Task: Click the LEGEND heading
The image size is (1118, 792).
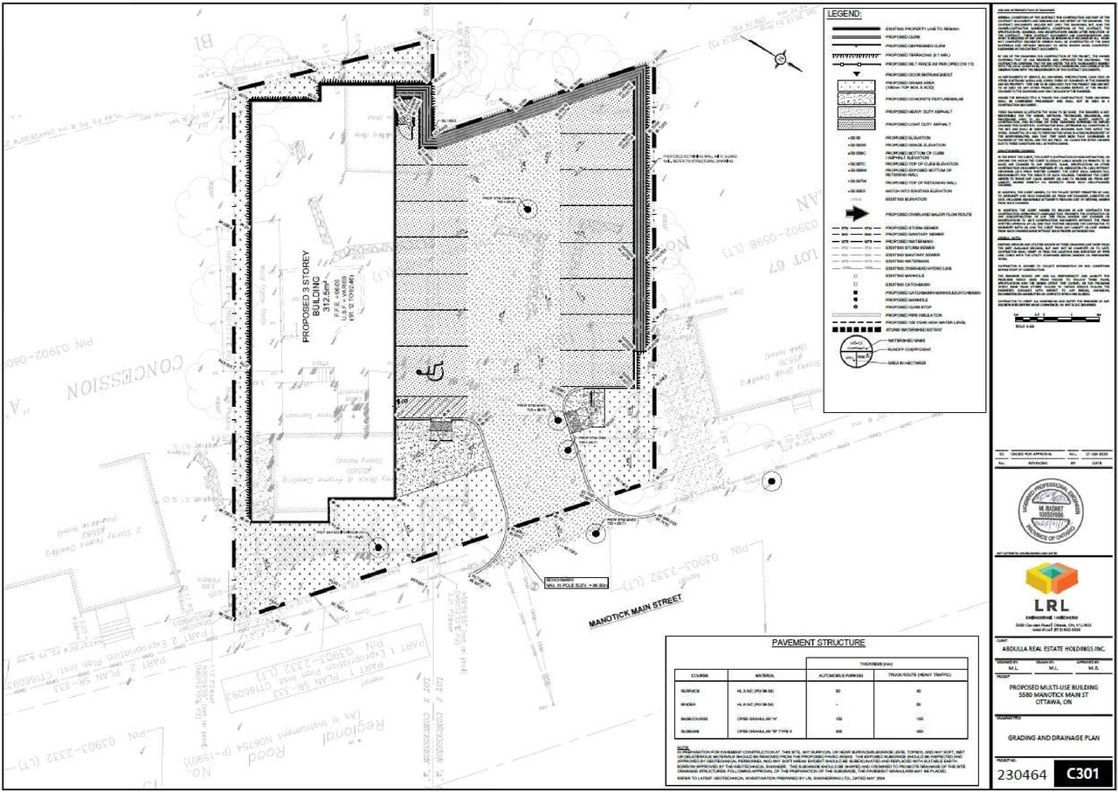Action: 844,15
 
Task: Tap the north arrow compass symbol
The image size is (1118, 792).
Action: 785,59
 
